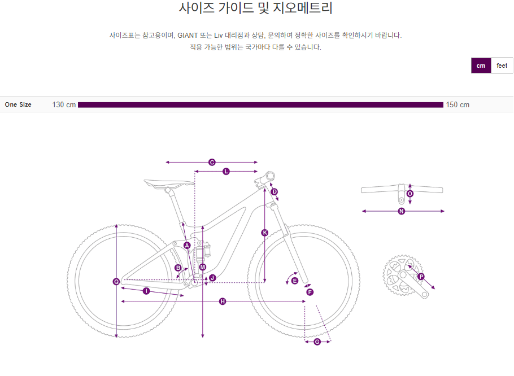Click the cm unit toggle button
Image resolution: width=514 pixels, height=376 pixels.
[481, 65]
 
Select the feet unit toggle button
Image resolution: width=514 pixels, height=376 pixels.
[502, 65]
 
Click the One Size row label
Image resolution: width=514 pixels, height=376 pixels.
[18, 104]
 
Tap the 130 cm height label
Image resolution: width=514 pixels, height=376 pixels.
[64, 105]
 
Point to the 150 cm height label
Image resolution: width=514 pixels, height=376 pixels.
[458, 105]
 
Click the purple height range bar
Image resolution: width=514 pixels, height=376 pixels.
[260, 105]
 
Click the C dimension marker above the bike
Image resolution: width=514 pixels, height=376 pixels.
[212, 163]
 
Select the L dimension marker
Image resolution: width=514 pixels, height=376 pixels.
[226, 171]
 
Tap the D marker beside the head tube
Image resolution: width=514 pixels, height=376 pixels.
[275, 192]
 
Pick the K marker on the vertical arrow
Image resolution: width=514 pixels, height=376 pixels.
[264, 233]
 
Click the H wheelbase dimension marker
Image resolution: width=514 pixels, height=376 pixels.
[223, 301]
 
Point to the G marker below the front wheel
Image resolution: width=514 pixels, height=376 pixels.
[317, 342]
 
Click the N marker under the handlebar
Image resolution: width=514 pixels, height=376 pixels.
[402, 212]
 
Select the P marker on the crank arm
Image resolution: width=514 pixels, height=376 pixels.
[421, 277]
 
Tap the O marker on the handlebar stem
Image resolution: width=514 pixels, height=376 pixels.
[410, 194]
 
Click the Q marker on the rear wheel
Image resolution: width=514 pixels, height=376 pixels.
[116, 281]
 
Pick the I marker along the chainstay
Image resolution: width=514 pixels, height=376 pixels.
[146, 291]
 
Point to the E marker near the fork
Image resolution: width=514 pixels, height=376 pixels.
[295, 281]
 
